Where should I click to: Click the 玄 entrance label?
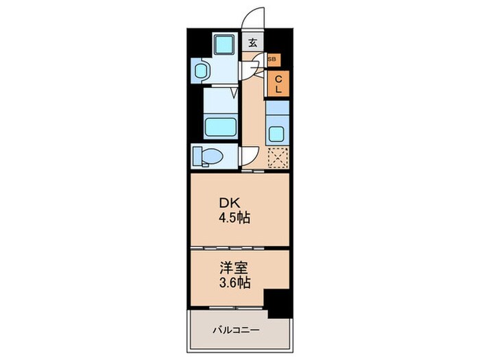(252, 43)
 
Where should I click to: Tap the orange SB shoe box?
(272, 60)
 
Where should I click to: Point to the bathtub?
(220, 128)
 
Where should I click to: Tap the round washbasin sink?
(202, 70)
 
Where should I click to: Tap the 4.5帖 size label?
(235, 219)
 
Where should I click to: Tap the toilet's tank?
(195, 156)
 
